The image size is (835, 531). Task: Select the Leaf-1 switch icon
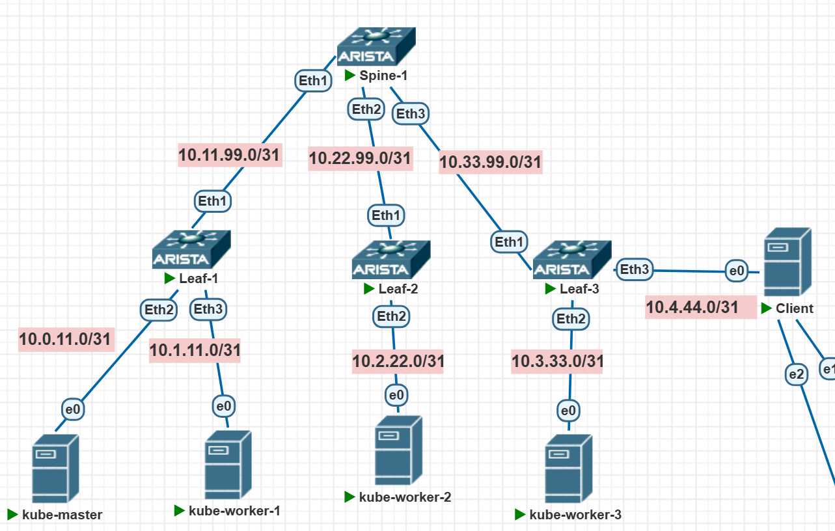[191, 249]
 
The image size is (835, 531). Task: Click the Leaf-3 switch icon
[572, 259]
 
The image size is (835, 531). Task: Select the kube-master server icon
[55, 469]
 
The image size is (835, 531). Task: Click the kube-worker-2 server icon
[398, 450]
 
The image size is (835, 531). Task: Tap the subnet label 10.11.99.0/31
[230, 155]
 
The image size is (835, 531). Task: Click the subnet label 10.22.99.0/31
[360, 158]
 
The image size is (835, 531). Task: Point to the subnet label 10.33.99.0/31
[490, 162]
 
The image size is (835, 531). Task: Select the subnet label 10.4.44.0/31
[692, 306]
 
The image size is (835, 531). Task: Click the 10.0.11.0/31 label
[66, 338]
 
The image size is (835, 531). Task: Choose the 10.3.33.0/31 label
[557, 361]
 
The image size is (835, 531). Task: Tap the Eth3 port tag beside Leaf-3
[634, 269]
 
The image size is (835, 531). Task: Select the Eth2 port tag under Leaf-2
[391, 317]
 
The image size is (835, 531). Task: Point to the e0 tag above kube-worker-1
[223, 407]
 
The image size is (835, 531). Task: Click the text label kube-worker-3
[575, 515]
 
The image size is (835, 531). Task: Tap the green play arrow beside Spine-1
[350, 75]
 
